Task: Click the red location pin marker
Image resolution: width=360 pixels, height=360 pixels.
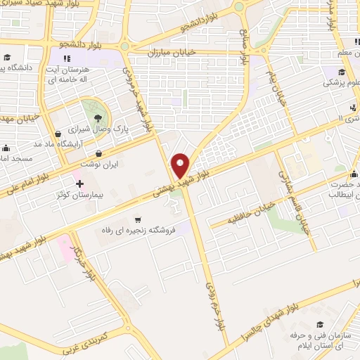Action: pyautogui.click(x=181, y=165)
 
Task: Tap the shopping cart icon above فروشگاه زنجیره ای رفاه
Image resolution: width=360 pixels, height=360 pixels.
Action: pyautogui.click(x=145, y=219)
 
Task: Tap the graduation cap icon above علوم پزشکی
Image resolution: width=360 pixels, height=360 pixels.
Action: pyautogui.click(x=343, y=72)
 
